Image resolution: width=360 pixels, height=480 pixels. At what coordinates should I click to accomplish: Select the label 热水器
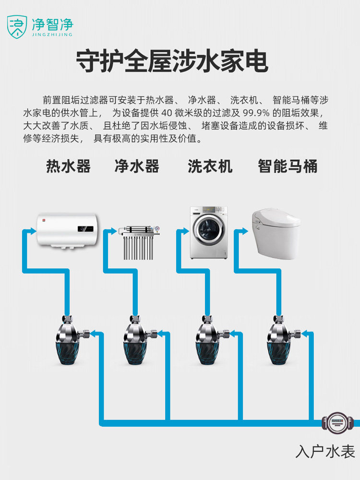tap(68, 167)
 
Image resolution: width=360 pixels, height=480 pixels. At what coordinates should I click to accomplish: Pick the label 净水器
tap(137, 167)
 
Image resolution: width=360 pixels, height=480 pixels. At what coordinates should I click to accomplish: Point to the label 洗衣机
tap(210, 167)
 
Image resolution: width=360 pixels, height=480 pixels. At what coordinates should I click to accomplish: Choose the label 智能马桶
tap(287, 167)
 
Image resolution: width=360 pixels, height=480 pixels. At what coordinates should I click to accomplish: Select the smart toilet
tap(276, 230)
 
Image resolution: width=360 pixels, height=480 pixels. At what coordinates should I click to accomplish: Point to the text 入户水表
tap(325, 452)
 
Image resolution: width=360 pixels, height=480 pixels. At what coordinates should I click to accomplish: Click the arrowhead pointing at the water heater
tap(33, 231)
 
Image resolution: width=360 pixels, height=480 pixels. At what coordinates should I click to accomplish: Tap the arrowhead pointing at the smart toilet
tap(246, 231)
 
